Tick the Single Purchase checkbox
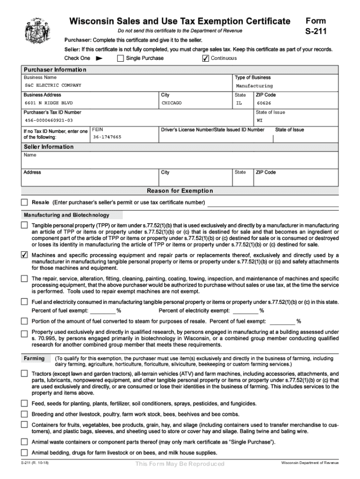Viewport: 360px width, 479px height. [120, 58]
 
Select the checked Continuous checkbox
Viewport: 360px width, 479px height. [205, 58]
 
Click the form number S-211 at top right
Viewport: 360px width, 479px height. [316, 32]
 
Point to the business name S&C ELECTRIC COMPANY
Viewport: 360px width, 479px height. [53, 86]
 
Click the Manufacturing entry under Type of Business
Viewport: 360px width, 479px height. [254, 86]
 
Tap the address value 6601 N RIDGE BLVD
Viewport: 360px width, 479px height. [49, 103]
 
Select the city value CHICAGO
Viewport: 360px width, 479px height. [172, 103]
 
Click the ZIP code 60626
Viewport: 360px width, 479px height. [264, 103]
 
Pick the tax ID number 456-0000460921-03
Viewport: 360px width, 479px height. [49, 120]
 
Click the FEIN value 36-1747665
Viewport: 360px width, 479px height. [107, 137]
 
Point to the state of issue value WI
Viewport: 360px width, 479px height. [259, 120]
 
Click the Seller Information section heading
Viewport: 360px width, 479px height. [49, 147]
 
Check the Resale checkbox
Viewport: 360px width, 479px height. [24, 203]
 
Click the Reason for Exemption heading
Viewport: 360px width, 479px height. [180, 191]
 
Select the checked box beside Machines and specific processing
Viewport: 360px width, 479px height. [24, 255]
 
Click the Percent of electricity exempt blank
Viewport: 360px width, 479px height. [245, 311]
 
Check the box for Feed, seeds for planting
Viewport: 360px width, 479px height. [24, 403]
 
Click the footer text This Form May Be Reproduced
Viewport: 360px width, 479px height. [180, 464]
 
